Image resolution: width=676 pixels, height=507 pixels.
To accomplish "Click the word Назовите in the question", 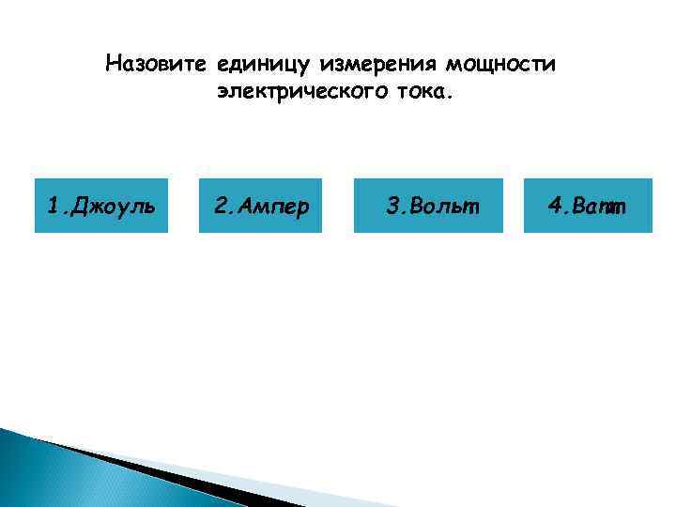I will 156,65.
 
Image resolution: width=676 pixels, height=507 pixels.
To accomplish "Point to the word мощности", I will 500,65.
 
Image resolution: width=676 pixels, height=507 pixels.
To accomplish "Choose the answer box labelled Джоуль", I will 101,206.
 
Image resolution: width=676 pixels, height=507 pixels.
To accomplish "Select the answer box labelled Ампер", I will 261,206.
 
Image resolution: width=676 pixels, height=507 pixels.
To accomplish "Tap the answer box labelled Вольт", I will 427,206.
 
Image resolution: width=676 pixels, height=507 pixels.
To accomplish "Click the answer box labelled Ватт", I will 588,206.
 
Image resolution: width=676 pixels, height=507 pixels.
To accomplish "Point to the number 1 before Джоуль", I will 53,206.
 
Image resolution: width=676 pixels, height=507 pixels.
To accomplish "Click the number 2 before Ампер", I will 220,206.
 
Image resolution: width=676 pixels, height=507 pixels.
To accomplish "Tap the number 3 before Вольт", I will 392,206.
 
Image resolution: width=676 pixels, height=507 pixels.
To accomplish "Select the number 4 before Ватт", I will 556,206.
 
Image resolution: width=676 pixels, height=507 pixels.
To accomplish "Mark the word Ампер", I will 273,206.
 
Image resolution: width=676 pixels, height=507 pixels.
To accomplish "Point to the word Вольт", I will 440,206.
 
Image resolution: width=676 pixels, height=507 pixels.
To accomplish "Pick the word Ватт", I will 601,206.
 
